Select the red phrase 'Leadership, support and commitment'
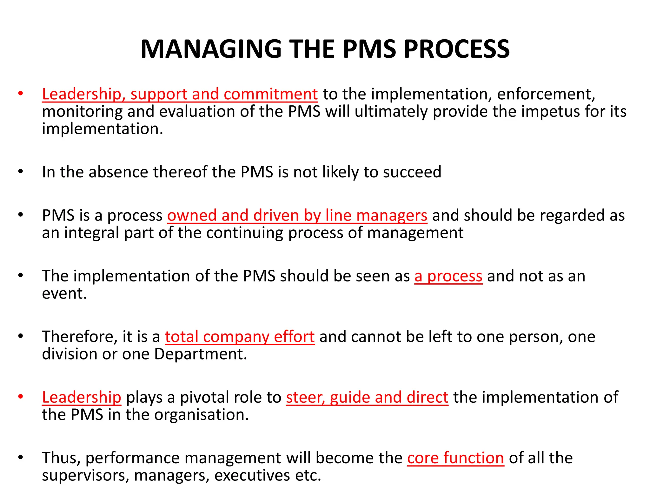[x=180, y=94]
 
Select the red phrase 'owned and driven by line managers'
[x=297, y=215]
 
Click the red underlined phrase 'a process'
[x=448, y=276]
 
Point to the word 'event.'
[x=64, y=294]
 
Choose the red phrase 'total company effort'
[x=240, y=337]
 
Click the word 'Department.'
[x=201, y=354]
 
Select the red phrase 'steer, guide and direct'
[x=367, y=397]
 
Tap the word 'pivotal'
[x=201, y=397]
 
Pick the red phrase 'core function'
[x=455, y=458]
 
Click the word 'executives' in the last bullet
[x=252, y=475]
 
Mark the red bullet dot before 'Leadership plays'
[x=21, y=397]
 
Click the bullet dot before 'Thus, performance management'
[x=21, y=457]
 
